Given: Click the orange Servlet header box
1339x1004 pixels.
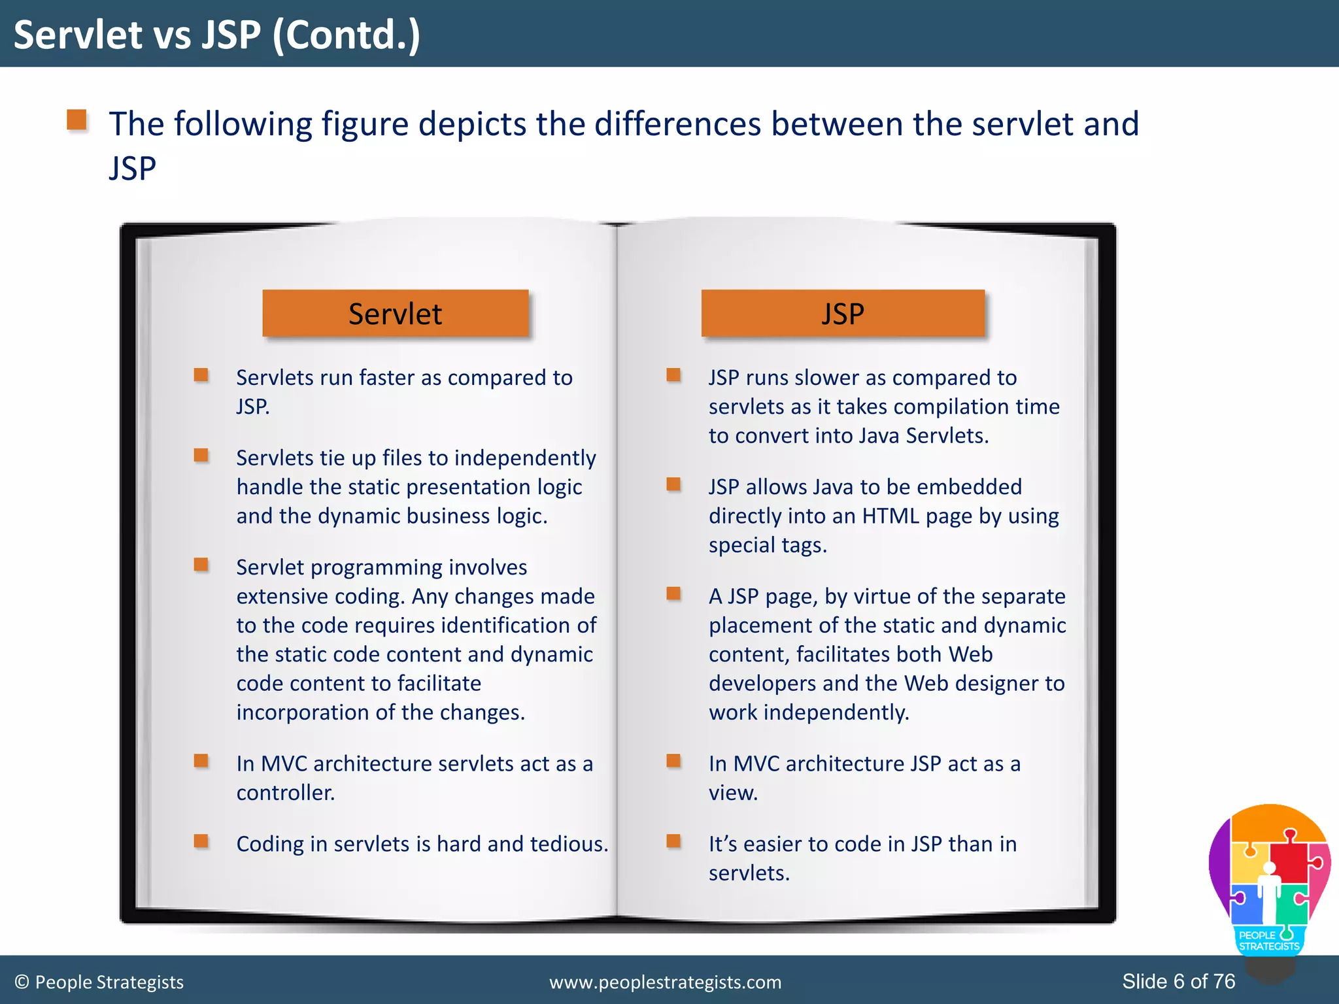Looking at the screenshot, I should point(395,314).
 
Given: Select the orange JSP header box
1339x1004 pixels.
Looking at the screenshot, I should point(842,314).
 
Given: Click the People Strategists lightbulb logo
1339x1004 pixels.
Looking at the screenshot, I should point(1269,882).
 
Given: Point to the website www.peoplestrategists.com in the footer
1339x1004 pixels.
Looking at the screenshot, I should point(665,982).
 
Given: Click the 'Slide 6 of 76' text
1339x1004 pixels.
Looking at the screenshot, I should point(1178,981).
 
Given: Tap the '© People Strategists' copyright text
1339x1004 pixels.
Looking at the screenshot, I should point(99,982).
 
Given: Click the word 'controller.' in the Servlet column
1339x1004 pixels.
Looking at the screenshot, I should point(286,793).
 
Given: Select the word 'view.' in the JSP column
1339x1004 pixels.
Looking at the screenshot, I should point(733,793).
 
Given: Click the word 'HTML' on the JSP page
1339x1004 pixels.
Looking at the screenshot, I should point(890,516).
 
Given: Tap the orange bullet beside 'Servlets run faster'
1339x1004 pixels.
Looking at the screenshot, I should point(201,375).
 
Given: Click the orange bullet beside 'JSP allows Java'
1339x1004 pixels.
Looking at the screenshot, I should point(673,484).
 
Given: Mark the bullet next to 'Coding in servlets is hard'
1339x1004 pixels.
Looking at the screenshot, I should point(201,841).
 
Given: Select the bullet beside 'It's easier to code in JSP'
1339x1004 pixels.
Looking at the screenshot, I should point(673,841).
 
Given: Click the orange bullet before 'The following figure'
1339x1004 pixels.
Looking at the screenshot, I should point(77,120).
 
